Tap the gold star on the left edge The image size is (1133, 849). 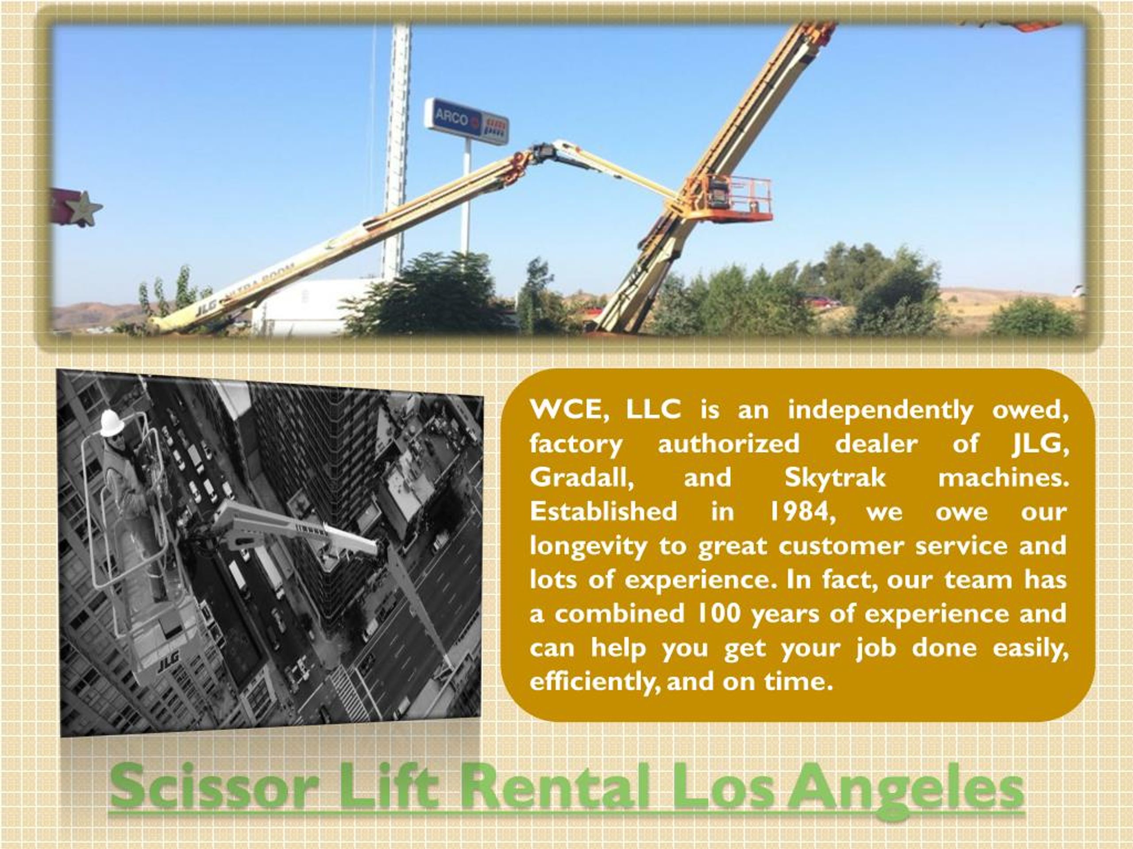[x=84, y=208]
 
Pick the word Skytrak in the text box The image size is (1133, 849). [x=835, y=478]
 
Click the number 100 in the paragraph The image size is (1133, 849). [x=717, y=613]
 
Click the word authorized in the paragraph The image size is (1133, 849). [x=728, y=444]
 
